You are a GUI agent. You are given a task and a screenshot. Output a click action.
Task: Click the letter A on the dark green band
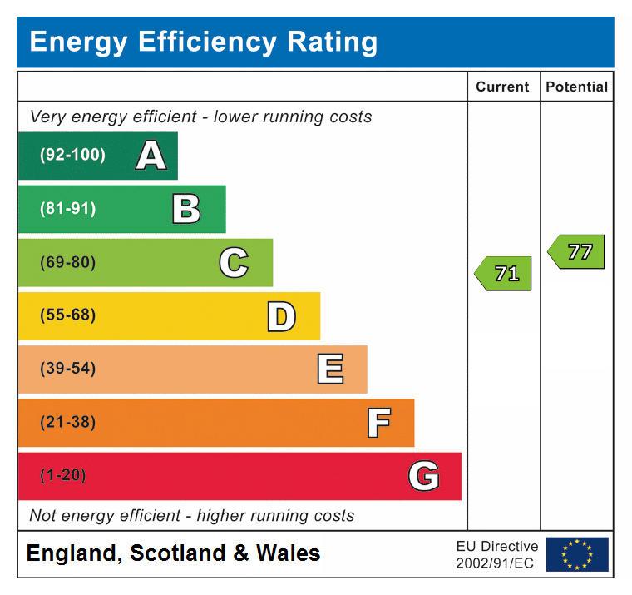(151, 156)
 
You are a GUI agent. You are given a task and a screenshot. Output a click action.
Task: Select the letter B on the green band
(186, 209)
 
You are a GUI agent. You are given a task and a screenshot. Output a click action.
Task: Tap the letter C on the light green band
(234, 263)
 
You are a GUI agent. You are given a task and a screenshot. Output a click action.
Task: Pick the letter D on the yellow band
(281, 316)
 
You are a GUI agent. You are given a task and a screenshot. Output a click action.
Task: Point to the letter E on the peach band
(330, 369)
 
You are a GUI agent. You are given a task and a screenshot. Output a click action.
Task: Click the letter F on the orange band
(378, 423)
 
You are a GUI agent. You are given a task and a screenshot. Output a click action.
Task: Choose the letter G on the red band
(423, 477)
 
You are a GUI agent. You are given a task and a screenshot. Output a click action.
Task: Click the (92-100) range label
(73, 156)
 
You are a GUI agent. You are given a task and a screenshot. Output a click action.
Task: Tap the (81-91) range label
(68, 209)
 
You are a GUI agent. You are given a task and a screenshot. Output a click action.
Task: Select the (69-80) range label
(68, 263)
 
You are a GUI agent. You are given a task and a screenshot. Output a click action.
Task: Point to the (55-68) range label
(68, 316)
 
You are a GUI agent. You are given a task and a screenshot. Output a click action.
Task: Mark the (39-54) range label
(68, 369)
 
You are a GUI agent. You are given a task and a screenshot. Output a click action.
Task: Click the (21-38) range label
(68, 423)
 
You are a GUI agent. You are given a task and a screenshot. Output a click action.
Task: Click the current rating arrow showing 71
(504, 273)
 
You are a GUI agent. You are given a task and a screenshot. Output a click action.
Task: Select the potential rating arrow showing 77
(577, 251)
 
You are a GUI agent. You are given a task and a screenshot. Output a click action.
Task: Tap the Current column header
(502, 87)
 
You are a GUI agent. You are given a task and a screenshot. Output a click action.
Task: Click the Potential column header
(577, 87)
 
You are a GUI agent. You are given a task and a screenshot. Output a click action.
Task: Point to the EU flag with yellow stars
(577, 554)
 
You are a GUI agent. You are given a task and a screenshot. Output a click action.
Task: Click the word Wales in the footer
(287, 553)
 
